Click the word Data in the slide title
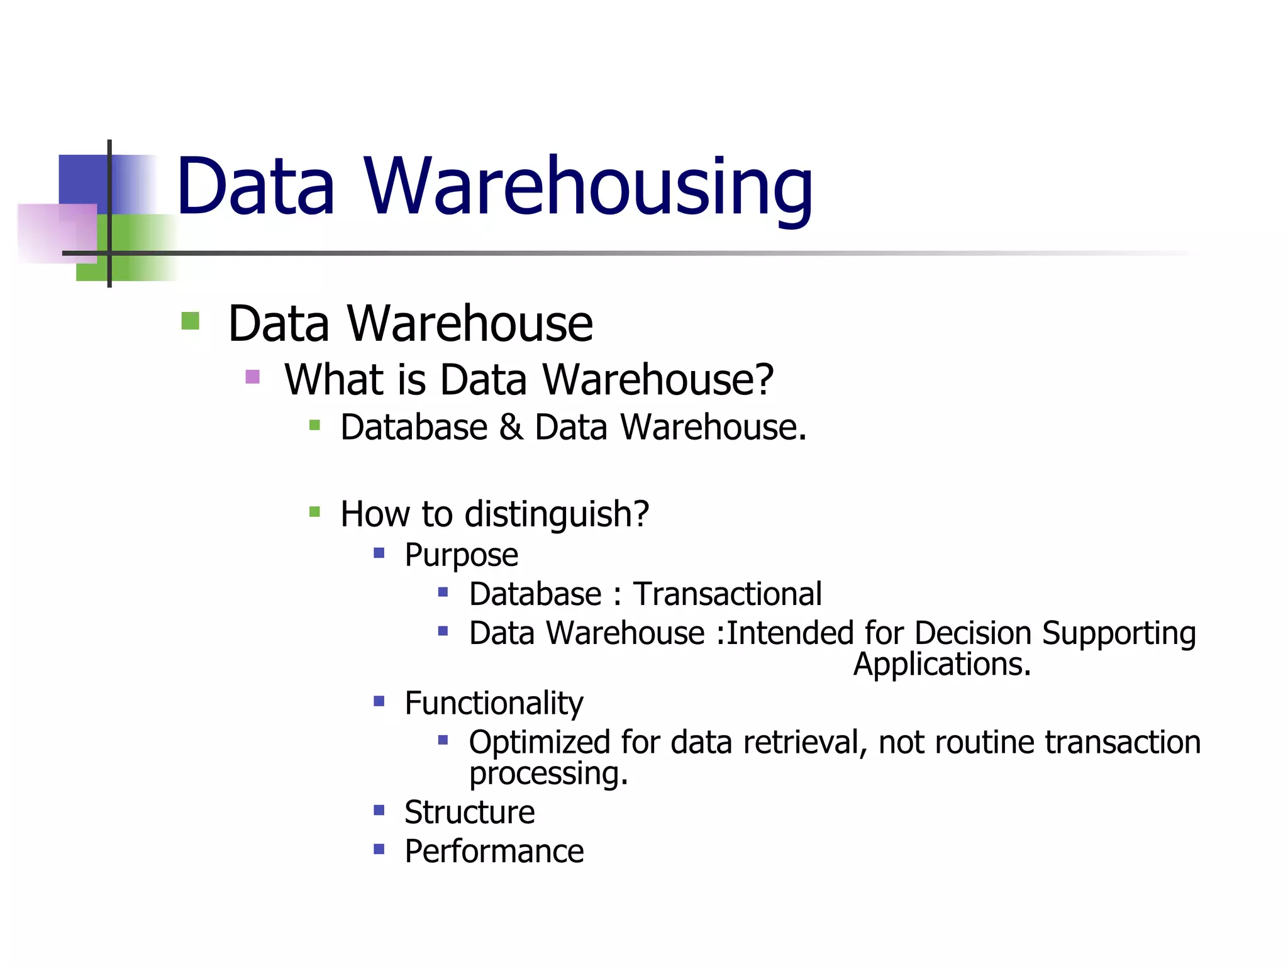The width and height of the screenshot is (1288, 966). (x=255, y=187)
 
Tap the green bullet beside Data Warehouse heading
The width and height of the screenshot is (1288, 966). (x=190, y=321)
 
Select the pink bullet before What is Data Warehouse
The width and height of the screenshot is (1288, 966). (x=252, y=377)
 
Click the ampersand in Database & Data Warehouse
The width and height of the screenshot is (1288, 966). (x=511, y=428)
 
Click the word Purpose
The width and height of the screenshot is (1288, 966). (x=461, y=555)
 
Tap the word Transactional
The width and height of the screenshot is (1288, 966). (x=727, y=594)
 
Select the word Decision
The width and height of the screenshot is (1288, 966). (x=972, y=633)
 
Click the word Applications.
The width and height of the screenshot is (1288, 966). (x=941, y=664)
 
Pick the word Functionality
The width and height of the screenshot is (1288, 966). (x=494, y=703)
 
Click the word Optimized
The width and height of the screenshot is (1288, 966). (x=539, y=743)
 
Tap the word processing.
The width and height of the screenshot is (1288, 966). (x=548, y=774)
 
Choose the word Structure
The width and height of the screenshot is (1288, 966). (x=469, y=812)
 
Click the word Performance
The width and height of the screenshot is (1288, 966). (x=494, y=852)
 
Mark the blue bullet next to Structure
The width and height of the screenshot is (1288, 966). (x=379, y=810)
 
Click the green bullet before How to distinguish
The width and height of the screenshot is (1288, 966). (x=314, y=512)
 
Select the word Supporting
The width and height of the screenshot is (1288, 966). (x=1119, y=633)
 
